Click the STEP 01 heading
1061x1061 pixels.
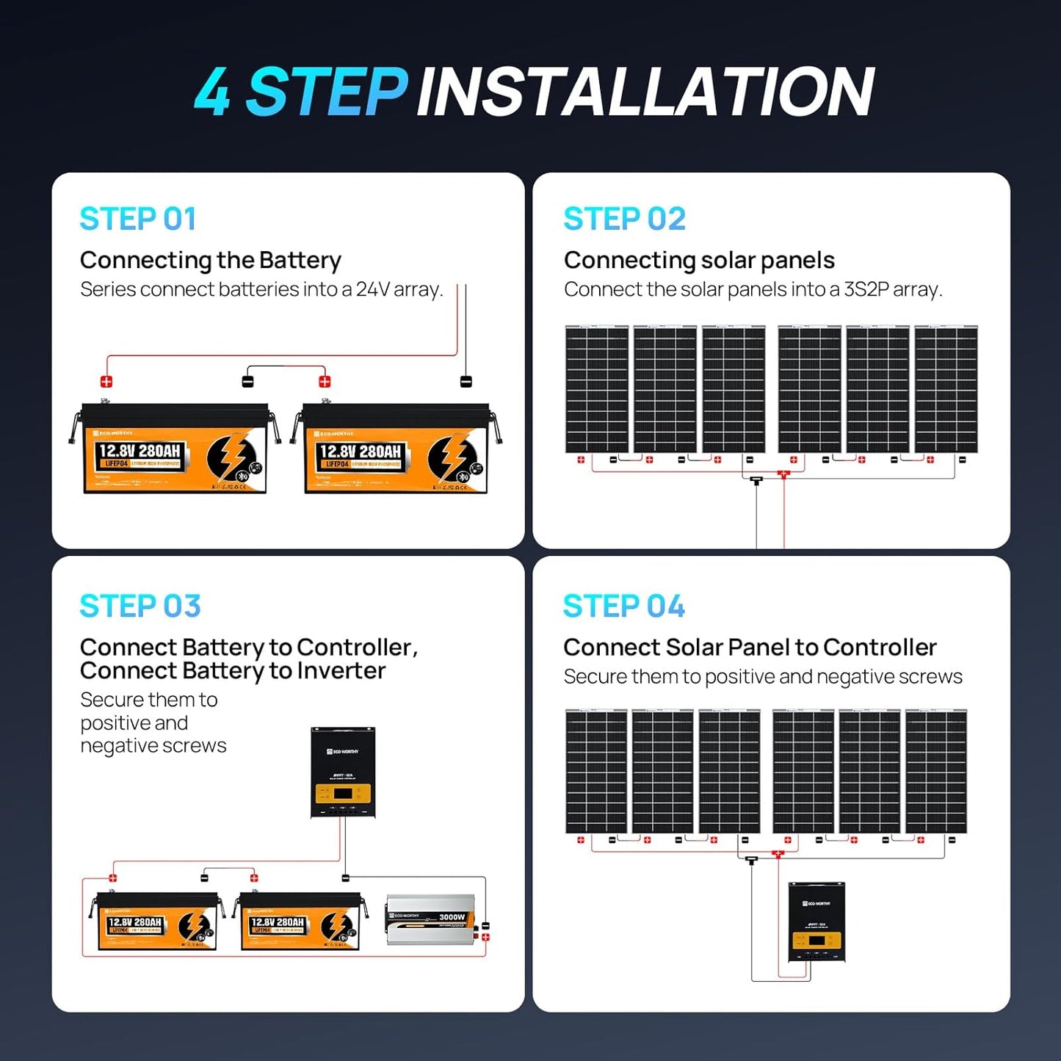click(x=137, y=219)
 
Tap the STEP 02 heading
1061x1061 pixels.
click(x=624, y=219)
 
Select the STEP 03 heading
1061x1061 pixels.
click(x=140, y=606)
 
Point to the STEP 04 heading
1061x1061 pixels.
click(x=623, y=606)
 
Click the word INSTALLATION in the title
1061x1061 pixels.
click(x=645, y=93)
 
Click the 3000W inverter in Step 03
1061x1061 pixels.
click(x=430, y=919)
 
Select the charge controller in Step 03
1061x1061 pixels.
click(x=343, y=772)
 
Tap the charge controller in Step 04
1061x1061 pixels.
click(x=816, y=921)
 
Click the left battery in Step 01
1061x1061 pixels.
click(x=175, y=449)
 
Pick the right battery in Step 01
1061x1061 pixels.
click(x=396, y=449)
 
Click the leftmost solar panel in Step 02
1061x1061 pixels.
click(x=597, y=389)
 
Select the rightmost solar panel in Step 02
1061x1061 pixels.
click(x=946, y=389)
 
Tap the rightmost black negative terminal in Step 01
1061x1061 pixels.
click(x=466, y=382)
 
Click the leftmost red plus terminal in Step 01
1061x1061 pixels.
click(x=106, y=382)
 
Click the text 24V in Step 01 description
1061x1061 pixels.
click(x=372, y=290)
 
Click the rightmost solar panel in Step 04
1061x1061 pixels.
click(x=935, y=771)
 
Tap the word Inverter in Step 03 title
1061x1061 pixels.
click(x=341, y=671)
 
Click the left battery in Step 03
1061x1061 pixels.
click(x=157, y=921)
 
